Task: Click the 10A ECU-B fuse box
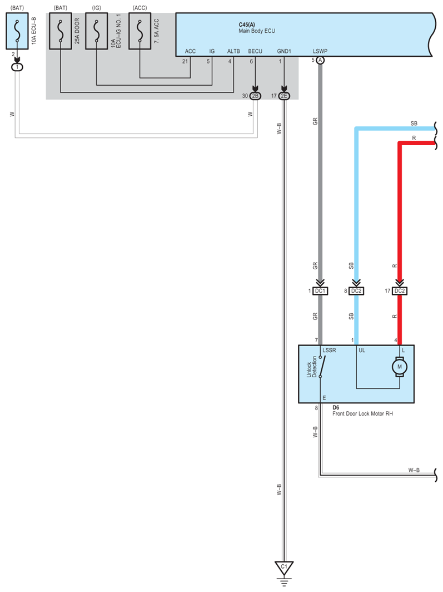pyautogui.click(x=18, y=32)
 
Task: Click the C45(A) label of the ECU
pyautogui.click(x=247, y=25)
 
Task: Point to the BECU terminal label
pyautogui.click(x=255, y=51)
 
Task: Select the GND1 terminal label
pyautogui.click(x=283, y=51)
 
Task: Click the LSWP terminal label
pyautogui.click(x=320, y=51)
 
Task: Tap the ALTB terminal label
pyautogui.click(x=233, y=51)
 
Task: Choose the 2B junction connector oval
pyautogui.click(x=255, y=96)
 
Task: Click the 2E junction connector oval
pyautogui.click(x=284, y=96)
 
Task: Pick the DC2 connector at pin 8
pyautogui.click(x=356, y=291)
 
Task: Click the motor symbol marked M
pyautogui.click(x=399, y=367)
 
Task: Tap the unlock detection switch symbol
pyautogui.click(x=322, y=367)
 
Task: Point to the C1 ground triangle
pyautogui.click(x=283, y=568)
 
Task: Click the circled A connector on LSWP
pyautogui.click(x=320, y=60)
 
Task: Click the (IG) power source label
pyautogui.click(x=96, y=8)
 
